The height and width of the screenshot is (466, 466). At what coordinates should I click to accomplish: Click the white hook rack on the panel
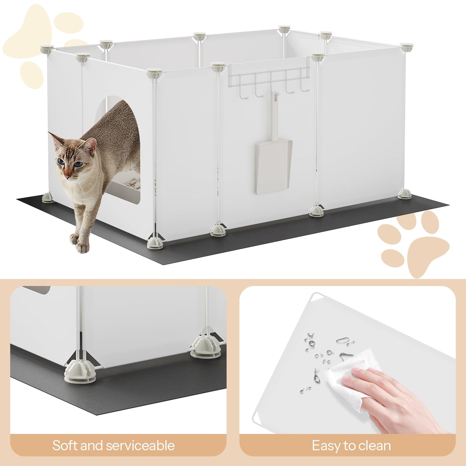tap(269, 79)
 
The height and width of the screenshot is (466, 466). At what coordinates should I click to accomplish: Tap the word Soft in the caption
tap(65, 446)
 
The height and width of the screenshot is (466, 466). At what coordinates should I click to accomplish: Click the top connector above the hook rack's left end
tap(218, 67)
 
